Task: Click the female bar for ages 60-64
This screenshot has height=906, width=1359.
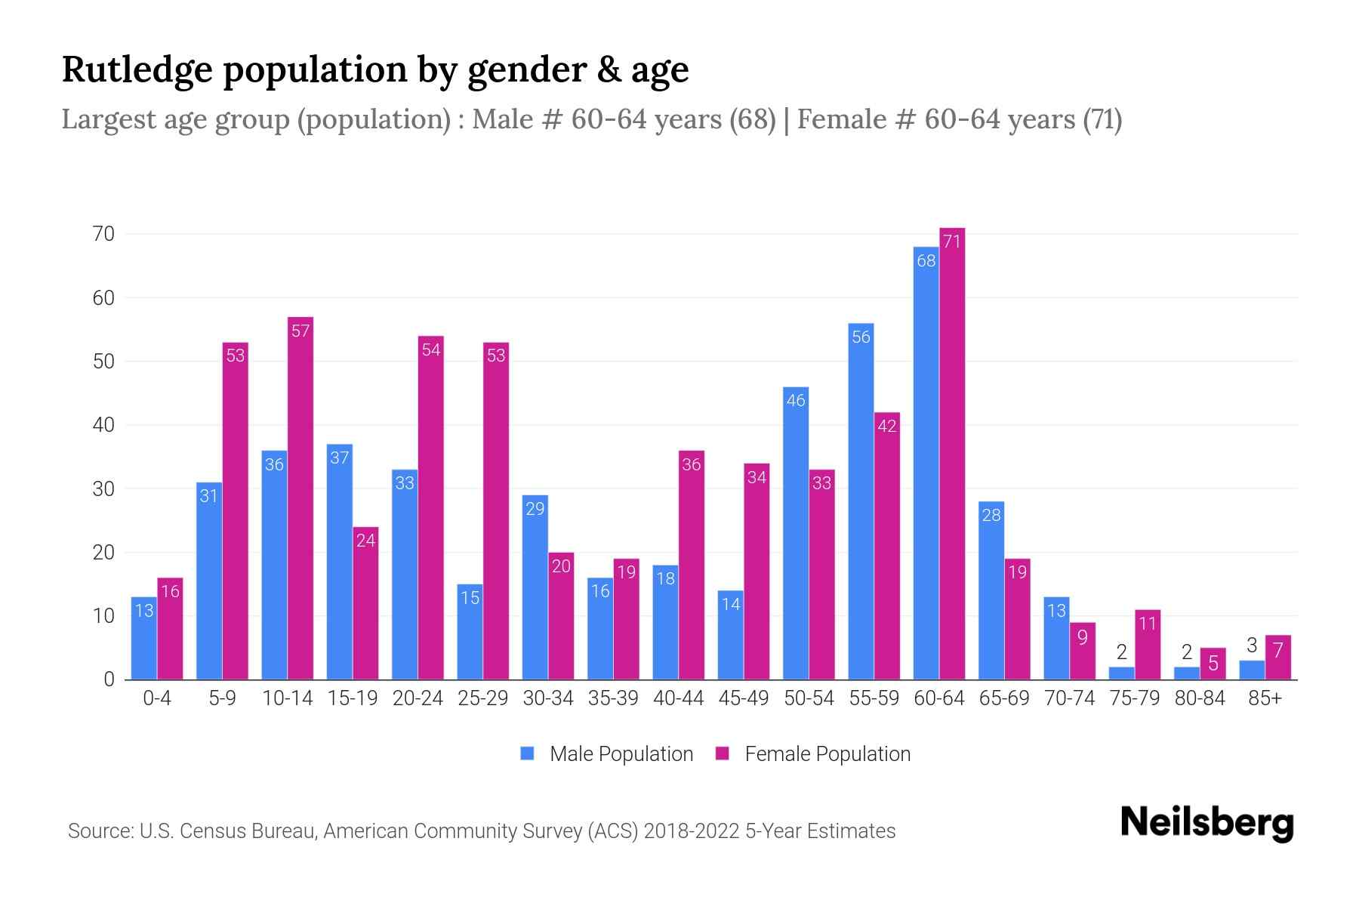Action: pyautogui.click(x=952, y=453)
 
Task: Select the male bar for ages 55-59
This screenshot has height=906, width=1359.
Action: pyautogui.click(x=861, y=502)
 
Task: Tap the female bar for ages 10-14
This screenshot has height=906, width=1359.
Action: pyautogui.click(x=300, y=498)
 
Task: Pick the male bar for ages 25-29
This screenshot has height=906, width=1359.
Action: pyautogui.click(x=470, y=633)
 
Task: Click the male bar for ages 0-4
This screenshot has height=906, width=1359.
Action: pyautogui.click(x=143, y=639)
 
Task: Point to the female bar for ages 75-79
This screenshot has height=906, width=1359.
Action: pyautogui.click(x=1148, y=646)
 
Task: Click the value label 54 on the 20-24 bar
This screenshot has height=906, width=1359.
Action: pyautogui.click(x=431, y=350)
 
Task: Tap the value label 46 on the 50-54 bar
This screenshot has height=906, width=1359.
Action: pyautogui.click(x=796, y=401)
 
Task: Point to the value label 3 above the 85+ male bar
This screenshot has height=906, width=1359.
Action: pyautogui.click(x=1252, y=646)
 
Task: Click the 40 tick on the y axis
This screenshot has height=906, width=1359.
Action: pyautogui.click(x=104, y=426)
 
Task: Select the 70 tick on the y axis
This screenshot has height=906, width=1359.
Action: pyautogui.click(x=104, y=235)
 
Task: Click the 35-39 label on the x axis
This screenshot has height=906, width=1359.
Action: pyautogui.click(x=613, y=698)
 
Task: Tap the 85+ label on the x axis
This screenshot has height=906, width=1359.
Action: pyautogui.click(x=1265, y=698)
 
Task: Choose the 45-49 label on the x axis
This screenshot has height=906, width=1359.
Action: pyautogui.click(x=744, y=698)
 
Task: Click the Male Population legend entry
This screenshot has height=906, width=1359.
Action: pyautogui.click(x=621, y=754)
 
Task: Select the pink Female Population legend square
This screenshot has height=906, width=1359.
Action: pyautogui.click(x=723, y=753)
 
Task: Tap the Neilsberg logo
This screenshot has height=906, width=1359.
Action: pyautogui.click(x=1206, y=824)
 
